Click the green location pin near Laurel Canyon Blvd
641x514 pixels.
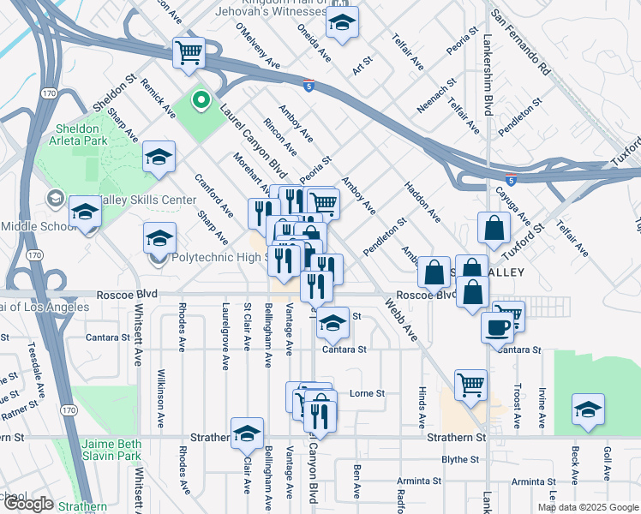[x=201, y=102]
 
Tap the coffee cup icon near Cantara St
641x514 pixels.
[x=497, y=326]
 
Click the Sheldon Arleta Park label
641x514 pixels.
[x=78, y=134]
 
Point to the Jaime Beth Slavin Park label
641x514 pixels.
[x=111, y=451]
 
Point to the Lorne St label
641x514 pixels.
[x=368, y=394]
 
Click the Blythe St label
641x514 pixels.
[x=459, y=459]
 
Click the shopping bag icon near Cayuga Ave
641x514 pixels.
[x=494, y=228]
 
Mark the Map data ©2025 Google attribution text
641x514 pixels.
[x=589, y=507]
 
